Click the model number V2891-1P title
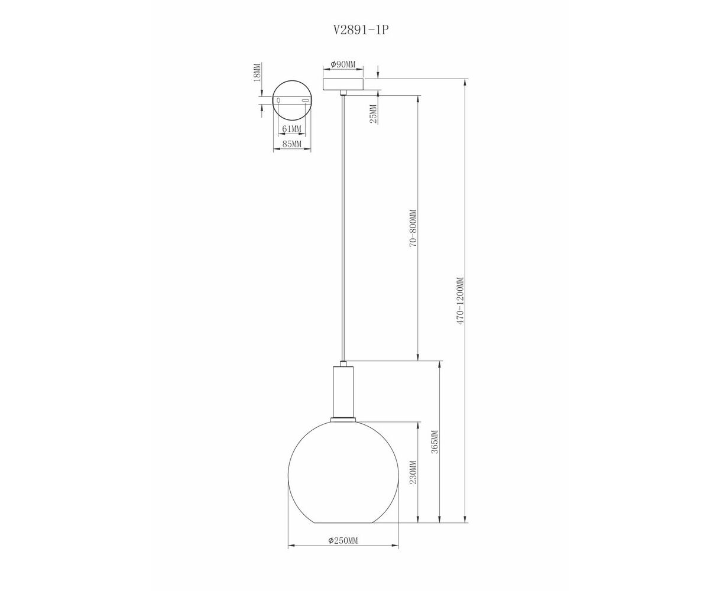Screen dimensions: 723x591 point(361,30)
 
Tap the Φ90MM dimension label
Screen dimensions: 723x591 point(343,64)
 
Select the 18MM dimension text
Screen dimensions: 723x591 point(257,72)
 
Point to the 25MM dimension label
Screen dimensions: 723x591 point(374,114)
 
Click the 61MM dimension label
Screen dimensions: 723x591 point(291,129)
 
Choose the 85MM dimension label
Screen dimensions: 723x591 point(291,144)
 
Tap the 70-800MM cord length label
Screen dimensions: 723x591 point(413,228)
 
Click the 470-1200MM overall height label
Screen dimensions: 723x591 point(460,301)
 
